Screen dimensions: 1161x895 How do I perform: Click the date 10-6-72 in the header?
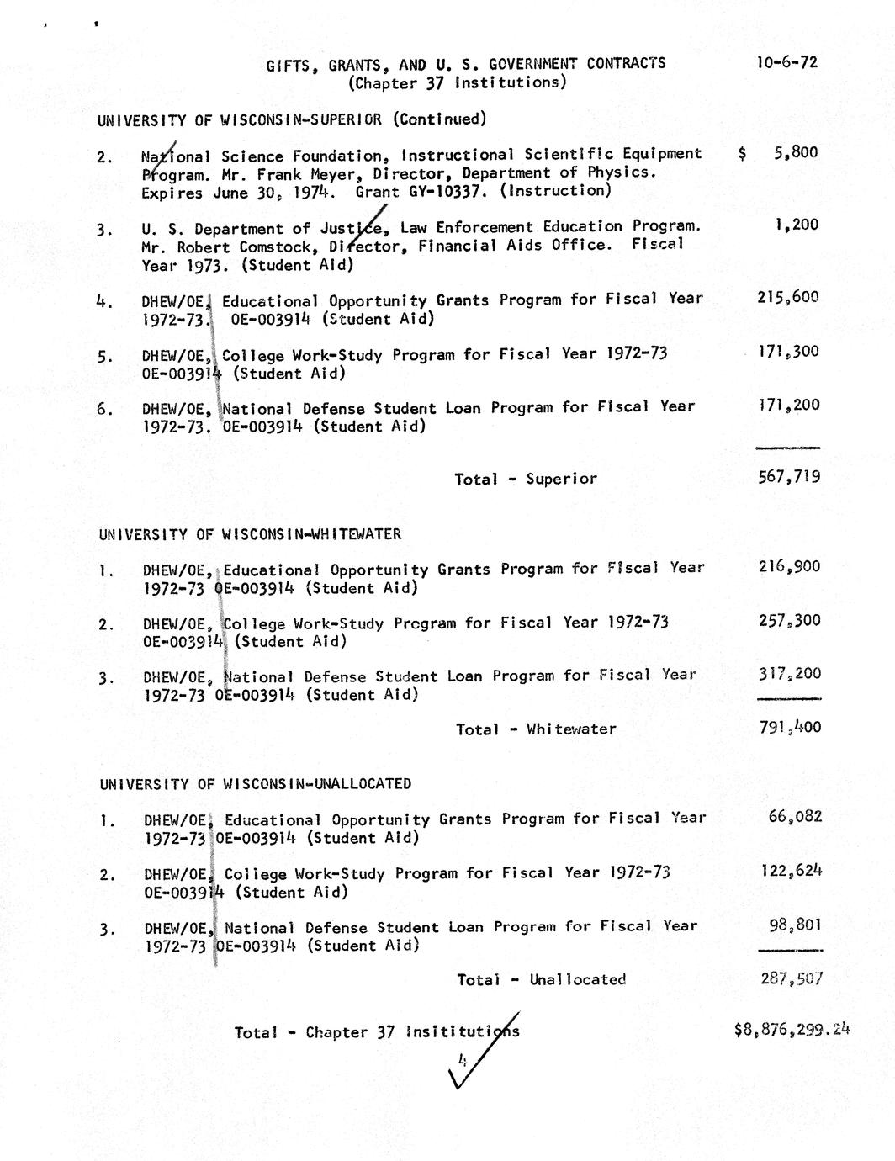click(786, 62)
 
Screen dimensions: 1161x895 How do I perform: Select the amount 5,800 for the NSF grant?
click(795, 153)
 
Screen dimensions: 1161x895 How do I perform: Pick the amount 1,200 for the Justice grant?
click(796, 225)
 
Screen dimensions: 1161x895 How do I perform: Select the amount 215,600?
click(787, 297)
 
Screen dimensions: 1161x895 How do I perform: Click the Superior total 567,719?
click(789, 478)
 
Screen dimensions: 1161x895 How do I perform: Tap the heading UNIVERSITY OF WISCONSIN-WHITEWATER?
click(250, 534)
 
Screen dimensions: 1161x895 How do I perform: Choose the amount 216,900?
click(789, 567)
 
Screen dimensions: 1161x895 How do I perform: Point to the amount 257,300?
click(789, 621)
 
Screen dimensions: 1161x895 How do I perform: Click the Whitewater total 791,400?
click(790, 728)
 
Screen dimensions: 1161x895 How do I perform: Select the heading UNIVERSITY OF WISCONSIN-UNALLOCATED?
click(255, 784)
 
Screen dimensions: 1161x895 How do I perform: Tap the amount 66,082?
click(795, 816)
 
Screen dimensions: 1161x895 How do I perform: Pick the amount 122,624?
click(791, 871)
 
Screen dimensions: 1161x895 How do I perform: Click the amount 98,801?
click(795, 925)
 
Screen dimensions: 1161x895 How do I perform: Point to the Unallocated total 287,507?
click(791, 978)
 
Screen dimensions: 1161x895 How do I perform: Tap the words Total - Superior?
click(526, 479)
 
